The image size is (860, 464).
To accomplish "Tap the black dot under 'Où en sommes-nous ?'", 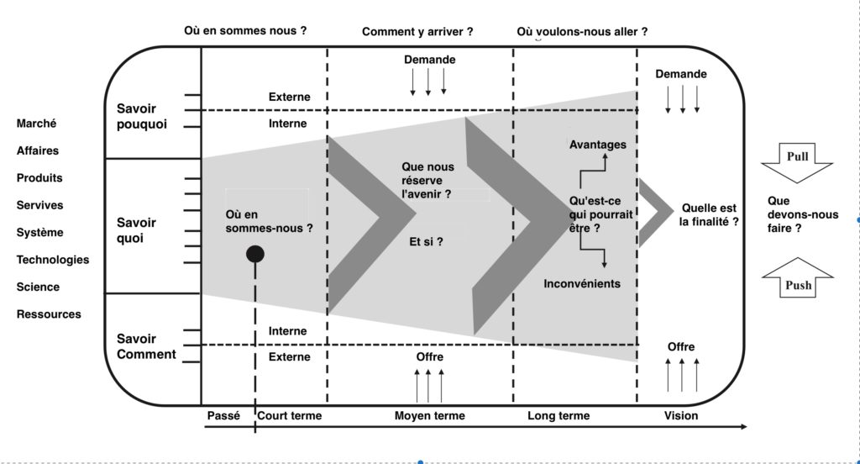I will tap(255, 254).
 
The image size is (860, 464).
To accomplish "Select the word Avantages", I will tap(597, 145).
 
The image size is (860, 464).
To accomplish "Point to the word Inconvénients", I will tap(582, 283).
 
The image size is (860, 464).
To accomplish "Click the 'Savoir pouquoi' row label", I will tap(142, 116).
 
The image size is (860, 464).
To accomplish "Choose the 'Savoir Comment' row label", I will tap(146, 346).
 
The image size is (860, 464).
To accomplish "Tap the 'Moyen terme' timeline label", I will tap(429, 416).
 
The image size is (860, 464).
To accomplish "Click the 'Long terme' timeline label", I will tap(558, 416).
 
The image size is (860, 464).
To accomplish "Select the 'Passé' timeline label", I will tap(223, 416).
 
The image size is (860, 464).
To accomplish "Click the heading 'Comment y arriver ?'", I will tap(417, 32).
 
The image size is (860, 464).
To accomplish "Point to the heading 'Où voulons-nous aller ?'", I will tap(582, 32).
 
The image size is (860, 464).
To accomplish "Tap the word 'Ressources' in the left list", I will tap(49, 314).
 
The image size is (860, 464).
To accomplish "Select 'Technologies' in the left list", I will tap(53, 260).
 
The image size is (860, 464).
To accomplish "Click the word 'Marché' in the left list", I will tap(37, 124).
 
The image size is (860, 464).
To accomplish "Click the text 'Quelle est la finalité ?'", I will tap(710, 215).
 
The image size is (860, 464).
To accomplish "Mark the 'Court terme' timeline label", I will tap(289, 416).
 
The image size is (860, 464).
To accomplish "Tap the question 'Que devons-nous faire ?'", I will tap(802, 214).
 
